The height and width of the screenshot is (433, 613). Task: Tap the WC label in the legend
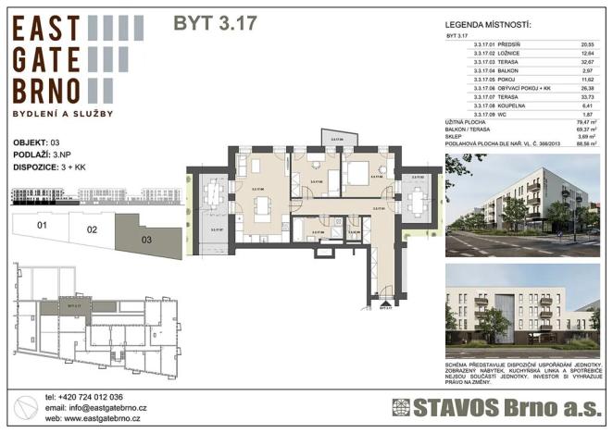pos(504,114)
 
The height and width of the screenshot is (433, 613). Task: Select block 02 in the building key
pos(92,229)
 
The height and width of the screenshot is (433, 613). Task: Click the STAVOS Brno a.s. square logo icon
pos(400,407)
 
